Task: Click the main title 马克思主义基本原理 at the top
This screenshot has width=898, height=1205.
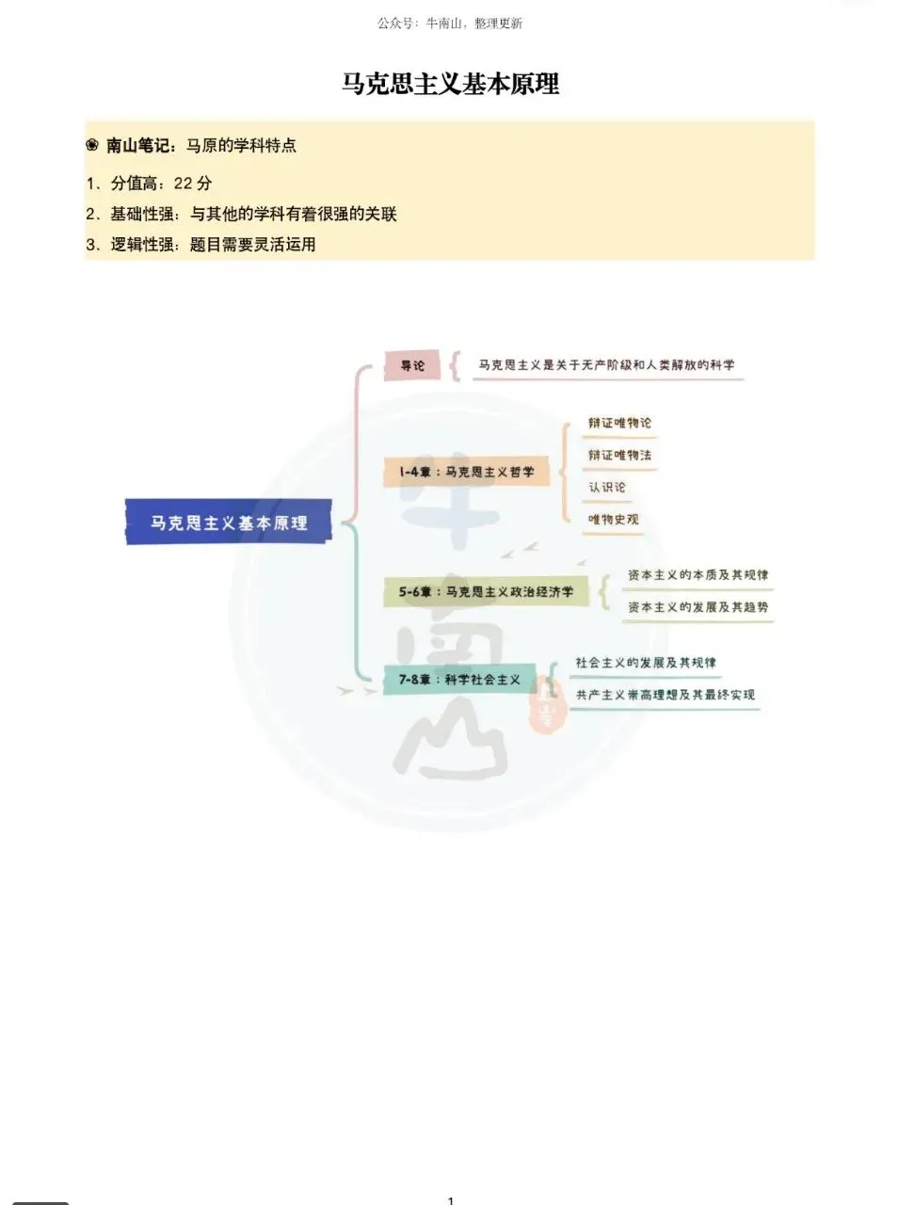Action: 450,84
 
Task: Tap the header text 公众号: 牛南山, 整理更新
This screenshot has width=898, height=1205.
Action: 450,23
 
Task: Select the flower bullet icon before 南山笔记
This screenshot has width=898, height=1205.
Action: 92,145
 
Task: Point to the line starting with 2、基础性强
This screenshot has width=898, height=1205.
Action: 241,214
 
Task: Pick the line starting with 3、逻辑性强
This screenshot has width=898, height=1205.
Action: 200,244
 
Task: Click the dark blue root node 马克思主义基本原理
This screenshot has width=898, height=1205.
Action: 229,522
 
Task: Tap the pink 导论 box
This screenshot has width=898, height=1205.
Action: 412,365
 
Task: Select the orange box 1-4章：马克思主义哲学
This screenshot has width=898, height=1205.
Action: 467,472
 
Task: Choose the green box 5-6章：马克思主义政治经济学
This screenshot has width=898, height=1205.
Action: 486,591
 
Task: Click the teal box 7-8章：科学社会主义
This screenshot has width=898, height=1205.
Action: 459,679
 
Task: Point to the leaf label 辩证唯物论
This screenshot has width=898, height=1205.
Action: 619,423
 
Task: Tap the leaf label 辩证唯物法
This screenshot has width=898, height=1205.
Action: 619,455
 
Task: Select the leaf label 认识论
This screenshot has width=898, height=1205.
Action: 606,487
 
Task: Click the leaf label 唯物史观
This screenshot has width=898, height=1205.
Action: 613,519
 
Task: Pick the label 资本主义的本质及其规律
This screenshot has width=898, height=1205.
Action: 698,575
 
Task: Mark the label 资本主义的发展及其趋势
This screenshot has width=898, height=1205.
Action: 698,606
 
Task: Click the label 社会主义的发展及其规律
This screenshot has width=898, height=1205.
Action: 646,663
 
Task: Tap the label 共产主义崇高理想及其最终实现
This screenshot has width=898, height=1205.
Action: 665,695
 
